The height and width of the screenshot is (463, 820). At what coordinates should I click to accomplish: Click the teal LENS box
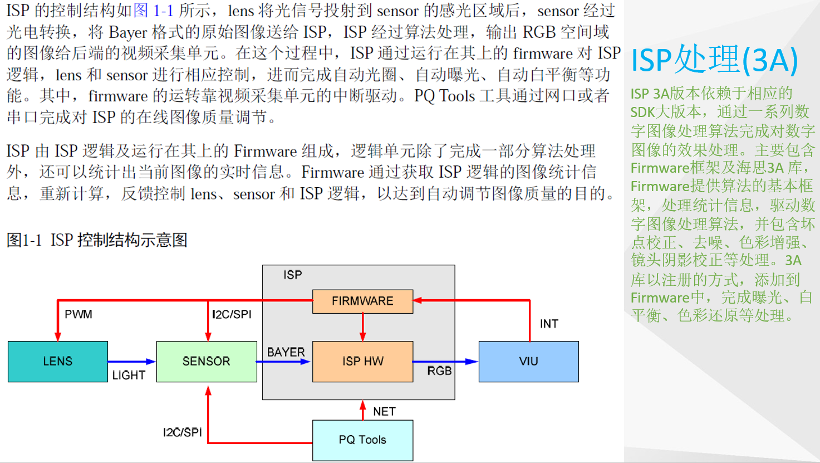58,362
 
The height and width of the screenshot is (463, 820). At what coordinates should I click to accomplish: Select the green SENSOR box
207,362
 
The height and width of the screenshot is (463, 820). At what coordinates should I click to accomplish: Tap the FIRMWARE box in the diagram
362,301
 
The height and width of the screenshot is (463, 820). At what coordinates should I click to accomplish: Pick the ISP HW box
362,362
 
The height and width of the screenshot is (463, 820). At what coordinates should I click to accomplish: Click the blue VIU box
528,362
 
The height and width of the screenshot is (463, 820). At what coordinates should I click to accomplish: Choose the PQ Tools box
362,440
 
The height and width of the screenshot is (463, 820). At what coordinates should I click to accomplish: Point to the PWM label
78,314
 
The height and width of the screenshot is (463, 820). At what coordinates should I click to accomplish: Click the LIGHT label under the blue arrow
129,376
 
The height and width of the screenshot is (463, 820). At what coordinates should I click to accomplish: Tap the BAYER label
286,352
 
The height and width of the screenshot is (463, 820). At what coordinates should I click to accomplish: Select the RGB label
439,371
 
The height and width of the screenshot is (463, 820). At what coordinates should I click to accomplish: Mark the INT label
549,324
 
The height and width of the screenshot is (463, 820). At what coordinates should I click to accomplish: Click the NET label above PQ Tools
384,412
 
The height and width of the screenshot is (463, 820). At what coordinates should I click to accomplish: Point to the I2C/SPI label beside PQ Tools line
182,432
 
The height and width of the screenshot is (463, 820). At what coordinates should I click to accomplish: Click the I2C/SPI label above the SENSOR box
232,314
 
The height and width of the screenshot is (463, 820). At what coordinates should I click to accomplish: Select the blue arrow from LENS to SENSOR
131,362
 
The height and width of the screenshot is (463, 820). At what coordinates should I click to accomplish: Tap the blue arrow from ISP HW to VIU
445,362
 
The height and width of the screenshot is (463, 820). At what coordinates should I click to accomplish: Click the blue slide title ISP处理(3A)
714,60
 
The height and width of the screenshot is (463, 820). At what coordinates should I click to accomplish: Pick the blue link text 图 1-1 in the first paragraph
153,11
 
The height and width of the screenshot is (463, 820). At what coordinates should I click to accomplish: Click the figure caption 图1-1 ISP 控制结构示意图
97,240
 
